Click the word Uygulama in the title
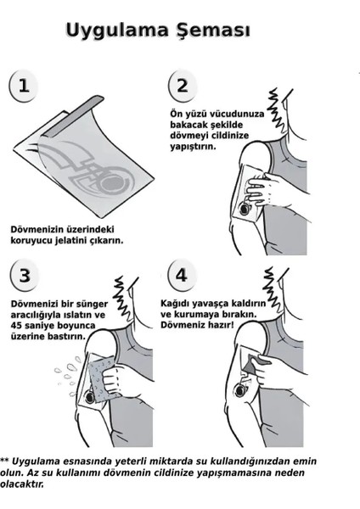pyautogui.click(x=117, y=31)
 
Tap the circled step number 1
pyautogui.click(x=25, y=86)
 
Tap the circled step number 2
pyautogui.click(x=183, y=85)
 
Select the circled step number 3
pyautogui.click(x=25, y=276)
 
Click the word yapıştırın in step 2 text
pyautogui.click(x=189, y=145)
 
